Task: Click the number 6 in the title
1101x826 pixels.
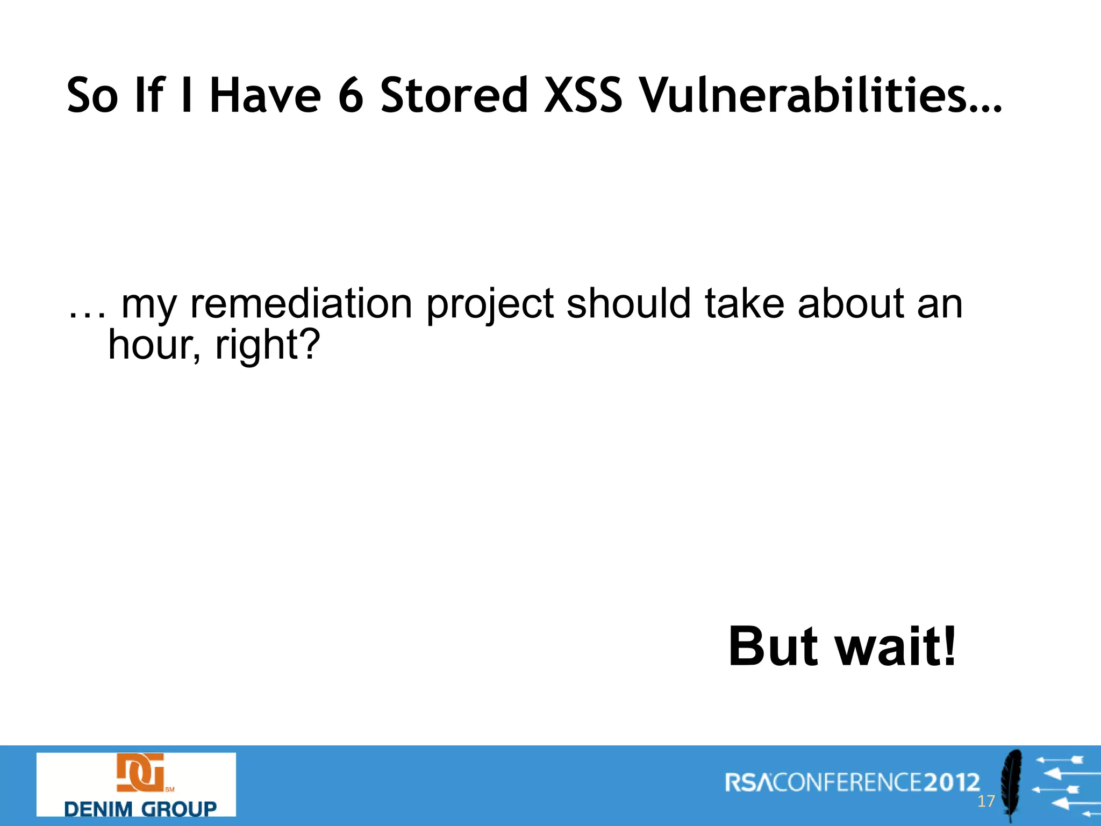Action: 351,96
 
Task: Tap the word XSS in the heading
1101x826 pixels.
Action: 583,96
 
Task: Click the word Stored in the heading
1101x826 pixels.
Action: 454,96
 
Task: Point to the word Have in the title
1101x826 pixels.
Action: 265,96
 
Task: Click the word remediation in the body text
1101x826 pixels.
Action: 302,304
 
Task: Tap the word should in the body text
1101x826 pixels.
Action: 628,303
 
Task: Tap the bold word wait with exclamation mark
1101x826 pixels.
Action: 896,646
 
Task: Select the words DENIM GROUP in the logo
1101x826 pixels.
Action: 140,809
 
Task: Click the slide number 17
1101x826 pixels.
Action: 986,802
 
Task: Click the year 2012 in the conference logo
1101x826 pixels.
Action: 952,782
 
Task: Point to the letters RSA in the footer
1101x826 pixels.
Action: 748,782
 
